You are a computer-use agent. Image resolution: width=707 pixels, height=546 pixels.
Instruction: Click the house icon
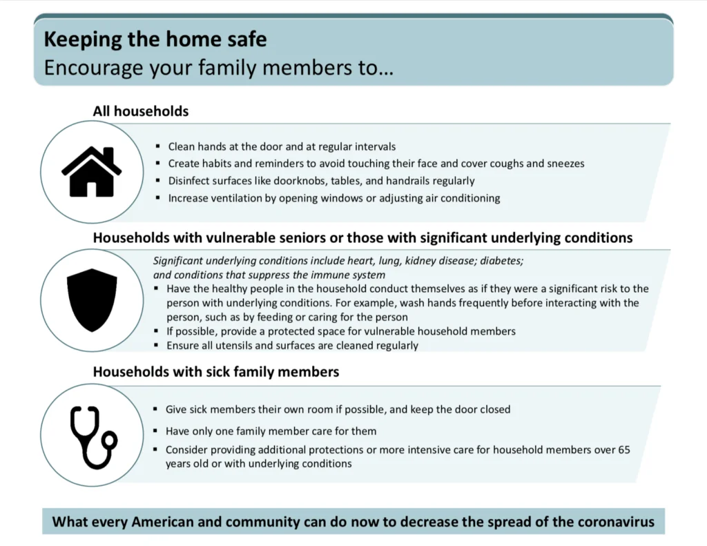(x=92, y=172)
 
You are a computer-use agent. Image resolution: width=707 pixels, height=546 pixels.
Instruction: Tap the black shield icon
(x=92, y=300)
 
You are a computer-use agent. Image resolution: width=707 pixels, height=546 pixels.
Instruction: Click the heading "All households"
(x=141, y=111)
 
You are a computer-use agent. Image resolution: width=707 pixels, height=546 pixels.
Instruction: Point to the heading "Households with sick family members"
(x=216, y=372)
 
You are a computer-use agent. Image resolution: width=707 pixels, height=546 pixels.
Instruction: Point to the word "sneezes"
(x=566, y=164)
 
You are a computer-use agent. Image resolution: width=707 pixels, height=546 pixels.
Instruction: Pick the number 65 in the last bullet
(x=624, y=450)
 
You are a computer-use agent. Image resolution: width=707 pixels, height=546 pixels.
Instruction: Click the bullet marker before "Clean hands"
(x=158, y=146)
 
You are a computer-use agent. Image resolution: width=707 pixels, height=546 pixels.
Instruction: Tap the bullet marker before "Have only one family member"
(x=155, y=431)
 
